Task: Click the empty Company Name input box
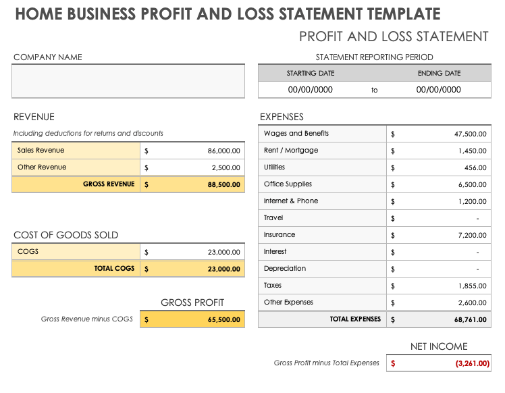(128, 81)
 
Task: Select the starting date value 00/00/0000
(310, 90)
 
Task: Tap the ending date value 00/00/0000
(438, 90)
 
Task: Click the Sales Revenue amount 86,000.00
(223, 151)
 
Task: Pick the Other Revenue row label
(42, 167)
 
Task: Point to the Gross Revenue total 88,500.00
(223, 184)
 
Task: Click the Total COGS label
(114, 269)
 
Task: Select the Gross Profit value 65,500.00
(223, 319)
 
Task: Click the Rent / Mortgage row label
(290, 151)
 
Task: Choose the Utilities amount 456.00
(475, 167)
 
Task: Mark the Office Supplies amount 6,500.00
(472, 184)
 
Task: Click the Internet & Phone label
(290, 201)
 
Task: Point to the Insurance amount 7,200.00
(472, 235)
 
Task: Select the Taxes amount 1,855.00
(472, 286)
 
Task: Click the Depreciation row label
(284, 269)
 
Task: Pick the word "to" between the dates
(375, 90)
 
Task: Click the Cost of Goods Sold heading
(65, 235)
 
